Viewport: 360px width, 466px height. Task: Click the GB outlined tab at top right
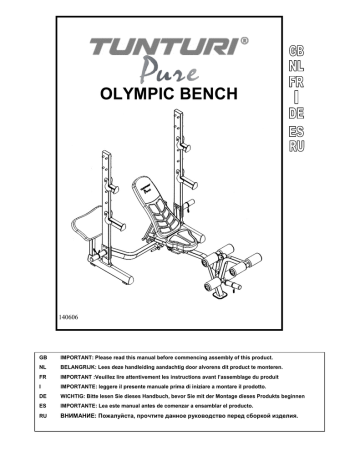click(x=296, y=50)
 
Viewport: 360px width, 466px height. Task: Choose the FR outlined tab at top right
click(x=296, y=82)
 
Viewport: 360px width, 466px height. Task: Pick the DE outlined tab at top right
click(x=296, y=113)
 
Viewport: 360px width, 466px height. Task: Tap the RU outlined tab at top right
click(x=296, y=147)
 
